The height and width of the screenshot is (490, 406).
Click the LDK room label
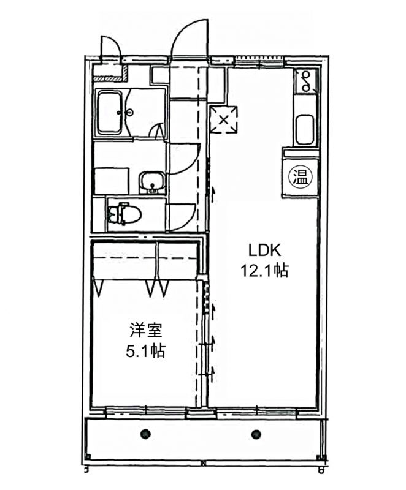pyautogui.click(x=264, y=250)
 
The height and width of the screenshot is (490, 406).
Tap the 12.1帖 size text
pyautogui.click(x=264, y=271)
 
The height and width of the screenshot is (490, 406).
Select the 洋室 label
pyautogui.click(x=146, y=331)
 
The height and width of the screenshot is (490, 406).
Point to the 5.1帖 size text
pyautogui.click(x=146, y=351)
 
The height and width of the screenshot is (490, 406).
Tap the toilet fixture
pyautogui.click(x=124, y=213)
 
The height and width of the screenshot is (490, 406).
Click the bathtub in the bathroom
pyautogui.click(x=110, y=113)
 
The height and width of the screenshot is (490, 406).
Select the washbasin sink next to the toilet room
pyautogui.click(x=152, y=183)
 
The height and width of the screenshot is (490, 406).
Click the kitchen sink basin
pyautogui.click(x=304, y=130)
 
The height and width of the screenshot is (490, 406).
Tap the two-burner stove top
pyautogui.click(x=305, y=81)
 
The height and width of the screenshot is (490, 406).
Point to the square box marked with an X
pyautogui.click(x=223, y=119)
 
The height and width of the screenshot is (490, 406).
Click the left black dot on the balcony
pyautogui.click(x=145, y=433)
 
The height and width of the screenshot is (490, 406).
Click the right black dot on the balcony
pyautogui.click(x=256, y=434)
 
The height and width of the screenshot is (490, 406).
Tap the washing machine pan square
pyautogui.click(x=112, y=181)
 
